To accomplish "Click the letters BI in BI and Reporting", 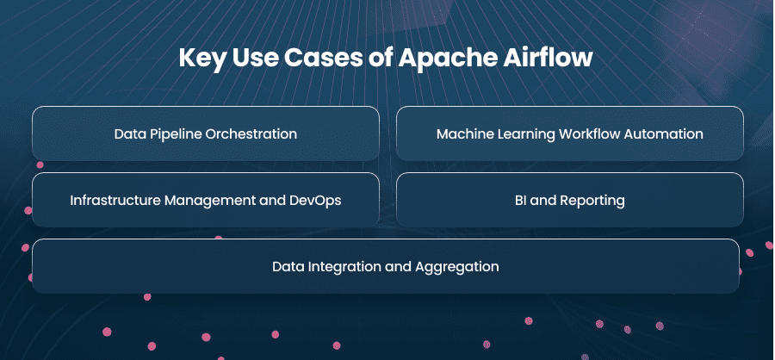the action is tap(520, 201).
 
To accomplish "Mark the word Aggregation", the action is tap(457, 267).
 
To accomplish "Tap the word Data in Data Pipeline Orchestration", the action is tap(128, 134).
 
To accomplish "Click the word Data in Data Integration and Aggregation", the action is tap(288, 267).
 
